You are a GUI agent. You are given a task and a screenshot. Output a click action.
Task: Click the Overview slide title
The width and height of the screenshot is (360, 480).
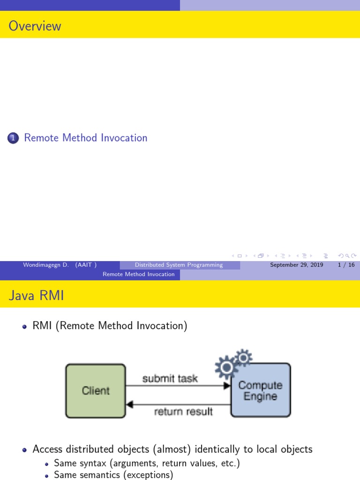(x=35, y=26)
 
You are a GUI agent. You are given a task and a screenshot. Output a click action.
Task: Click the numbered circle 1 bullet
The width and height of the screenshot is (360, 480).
(x=14, y=138)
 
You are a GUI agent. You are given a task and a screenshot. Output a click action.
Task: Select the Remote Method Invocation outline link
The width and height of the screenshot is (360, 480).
(x=86, y=138)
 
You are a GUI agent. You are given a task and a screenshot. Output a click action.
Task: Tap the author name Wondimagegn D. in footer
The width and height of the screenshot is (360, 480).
(x=46, y=265)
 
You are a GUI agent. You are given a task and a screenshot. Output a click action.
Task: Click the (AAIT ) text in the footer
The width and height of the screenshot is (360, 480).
(x=86, y=265)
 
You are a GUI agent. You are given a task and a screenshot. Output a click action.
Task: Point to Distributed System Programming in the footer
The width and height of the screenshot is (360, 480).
(x=179, y=265)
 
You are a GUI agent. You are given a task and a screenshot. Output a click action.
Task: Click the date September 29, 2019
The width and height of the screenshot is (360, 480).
(x=297, y=265)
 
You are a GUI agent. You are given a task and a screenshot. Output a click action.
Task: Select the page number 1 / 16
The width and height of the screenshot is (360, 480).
(x=346, y=265)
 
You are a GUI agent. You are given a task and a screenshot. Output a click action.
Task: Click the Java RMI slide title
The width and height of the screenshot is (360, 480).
(x=36, y=296)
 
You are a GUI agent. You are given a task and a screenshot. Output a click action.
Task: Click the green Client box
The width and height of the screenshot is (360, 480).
(x=96, y=390)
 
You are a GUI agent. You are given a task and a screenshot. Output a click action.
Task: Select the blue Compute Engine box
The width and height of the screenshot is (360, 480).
(x=261, y=390)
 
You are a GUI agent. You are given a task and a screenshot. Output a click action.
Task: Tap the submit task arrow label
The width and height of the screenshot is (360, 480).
(x=170, y=378)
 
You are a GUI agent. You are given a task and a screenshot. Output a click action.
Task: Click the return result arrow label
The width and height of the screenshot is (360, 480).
(x=183, y=412)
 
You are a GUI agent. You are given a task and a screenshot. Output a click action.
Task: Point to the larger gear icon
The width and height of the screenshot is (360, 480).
(x=227, y=368)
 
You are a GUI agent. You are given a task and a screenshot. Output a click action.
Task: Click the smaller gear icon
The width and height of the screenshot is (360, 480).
(x=243, y=358)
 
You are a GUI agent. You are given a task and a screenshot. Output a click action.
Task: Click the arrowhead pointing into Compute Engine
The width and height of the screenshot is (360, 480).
(x=227, y=385)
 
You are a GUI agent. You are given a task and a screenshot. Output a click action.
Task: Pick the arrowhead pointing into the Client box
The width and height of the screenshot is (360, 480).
(x=130, y=404)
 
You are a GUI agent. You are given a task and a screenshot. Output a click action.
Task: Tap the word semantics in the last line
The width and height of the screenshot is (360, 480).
(x=97, y=475)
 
